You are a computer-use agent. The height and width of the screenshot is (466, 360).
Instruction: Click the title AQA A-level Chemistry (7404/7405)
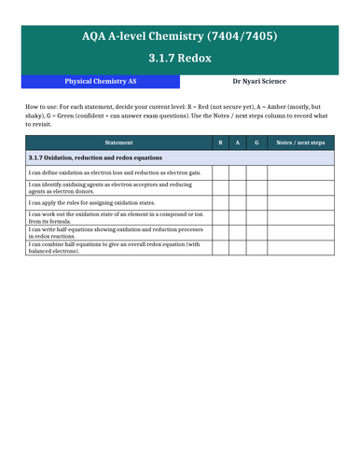coord(179,36)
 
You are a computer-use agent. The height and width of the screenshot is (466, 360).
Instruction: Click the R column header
coord(220,142)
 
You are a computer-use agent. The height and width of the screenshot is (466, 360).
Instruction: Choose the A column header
coord(237,142)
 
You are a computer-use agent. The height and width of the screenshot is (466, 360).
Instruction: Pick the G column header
coord(254,142)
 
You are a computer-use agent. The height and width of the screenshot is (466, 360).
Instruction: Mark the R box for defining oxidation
coord(220,171)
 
